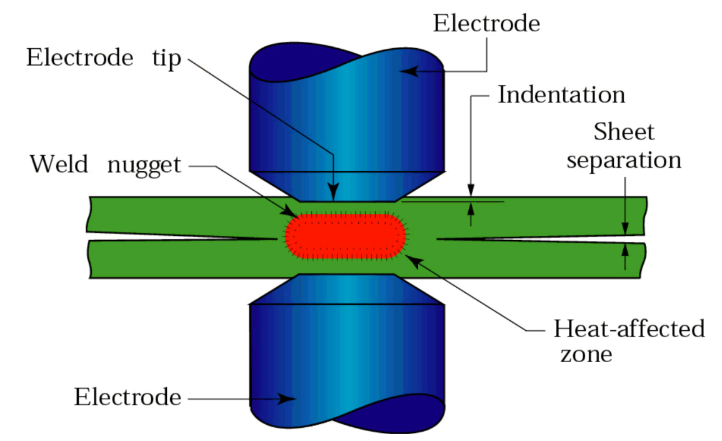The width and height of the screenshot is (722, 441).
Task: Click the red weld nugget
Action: (346, 236)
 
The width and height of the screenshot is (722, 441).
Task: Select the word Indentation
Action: (561, 95)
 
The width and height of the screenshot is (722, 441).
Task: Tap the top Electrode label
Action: (486, 24)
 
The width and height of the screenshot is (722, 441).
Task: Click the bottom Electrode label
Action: (128, 397)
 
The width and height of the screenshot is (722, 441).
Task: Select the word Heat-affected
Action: (629, 328)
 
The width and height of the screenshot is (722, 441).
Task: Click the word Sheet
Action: (623, 132)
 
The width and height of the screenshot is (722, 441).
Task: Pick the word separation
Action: (623, 160)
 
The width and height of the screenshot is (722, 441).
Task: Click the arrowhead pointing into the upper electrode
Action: (408, 71)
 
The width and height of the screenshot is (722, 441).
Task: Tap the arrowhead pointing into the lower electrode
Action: (288, 398)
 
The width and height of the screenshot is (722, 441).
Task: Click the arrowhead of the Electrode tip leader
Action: (334, 191)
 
